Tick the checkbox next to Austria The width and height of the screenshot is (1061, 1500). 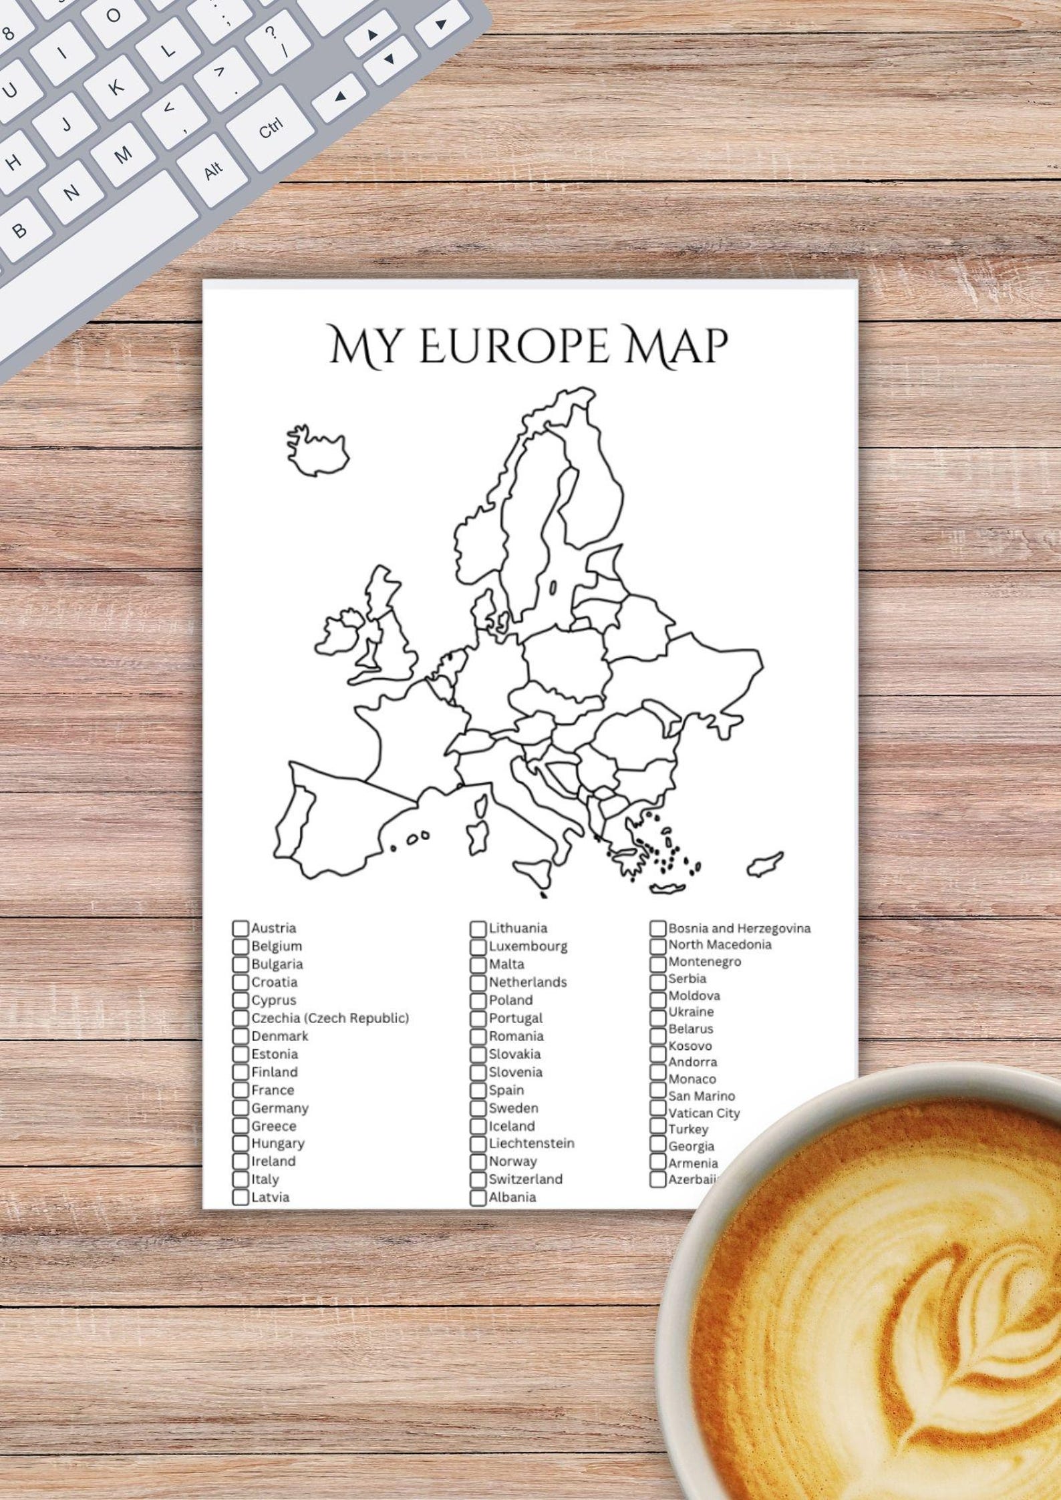point(241,928)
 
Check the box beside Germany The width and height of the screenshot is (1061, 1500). point(241,1109)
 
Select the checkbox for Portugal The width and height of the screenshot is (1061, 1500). point(478,1018)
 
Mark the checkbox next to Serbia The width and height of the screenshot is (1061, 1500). point(658,980)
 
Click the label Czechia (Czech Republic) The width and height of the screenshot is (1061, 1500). point(330,1018)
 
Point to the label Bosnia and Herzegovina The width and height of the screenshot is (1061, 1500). point(739,928)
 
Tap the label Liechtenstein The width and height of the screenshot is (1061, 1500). point(531,1143)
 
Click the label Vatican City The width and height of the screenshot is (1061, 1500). point(704,1113)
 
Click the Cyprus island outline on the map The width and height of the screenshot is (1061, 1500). point(764,864)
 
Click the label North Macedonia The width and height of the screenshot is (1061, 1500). point(720,945)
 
